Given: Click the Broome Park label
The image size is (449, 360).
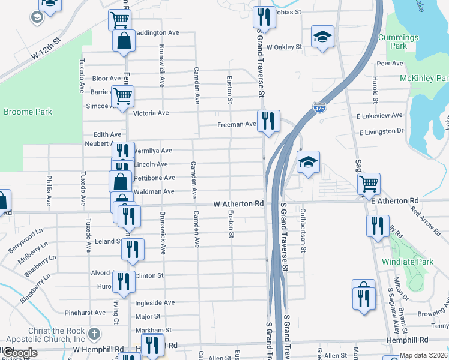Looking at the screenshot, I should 28,112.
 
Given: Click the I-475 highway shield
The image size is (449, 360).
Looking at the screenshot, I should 319,108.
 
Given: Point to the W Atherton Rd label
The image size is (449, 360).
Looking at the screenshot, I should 238,205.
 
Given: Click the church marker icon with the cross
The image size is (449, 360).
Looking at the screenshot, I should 94,334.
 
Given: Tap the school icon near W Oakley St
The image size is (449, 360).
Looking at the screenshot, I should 322,37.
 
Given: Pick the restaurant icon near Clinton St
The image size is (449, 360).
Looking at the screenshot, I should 123,281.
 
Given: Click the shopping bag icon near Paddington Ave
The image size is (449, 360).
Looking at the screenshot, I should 124,41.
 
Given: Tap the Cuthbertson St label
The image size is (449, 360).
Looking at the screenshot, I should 303,230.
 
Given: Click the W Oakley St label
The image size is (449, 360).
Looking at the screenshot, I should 284,47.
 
